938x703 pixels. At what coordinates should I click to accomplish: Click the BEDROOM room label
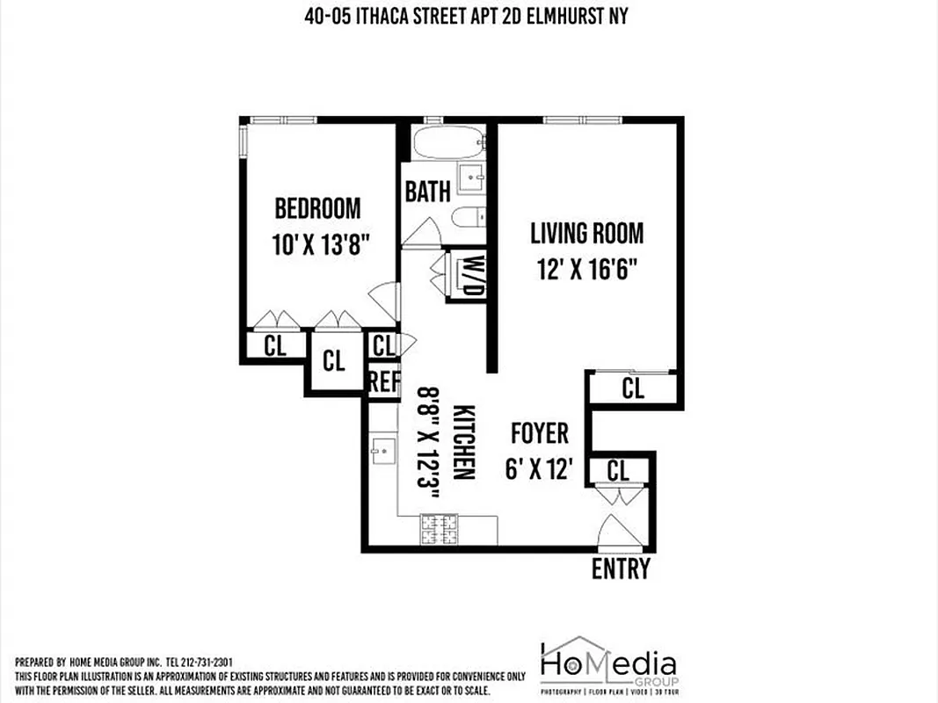coord(317,208)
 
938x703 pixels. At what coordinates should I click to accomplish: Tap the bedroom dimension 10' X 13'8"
coord(318,243)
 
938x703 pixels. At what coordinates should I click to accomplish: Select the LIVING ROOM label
coord(586,233)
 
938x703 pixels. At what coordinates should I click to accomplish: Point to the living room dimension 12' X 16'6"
coord(586,268)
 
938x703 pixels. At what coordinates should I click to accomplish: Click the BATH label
coord(427,192)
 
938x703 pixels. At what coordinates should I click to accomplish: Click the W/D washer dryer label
coord(474,276)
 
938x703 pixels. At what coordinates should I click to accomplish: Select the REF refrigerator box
coord(383,381)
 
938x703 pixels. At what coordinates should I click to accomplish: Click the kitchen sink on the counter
coord(382,453)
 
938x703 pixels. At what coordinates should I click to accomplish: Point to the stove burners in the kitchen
coord(439,529)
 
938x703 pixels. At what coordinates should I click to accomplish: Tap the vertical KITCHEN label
coord(464,442)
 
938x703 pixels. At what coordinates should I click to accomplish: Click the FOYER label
coord(540,433)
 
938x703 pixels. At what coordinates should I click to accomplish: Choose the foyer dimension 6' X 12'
coord(540,469)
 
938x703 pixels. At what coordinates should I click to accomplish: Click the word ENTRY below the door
coord(621,569)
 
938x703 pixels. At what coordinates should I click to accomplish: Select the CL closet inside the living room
coord(633,388)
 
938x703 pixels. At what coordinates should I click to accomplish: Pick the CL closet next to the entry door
coord(618,470)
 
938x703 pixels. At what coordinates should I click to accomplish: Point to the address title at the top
coord(469,16)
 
